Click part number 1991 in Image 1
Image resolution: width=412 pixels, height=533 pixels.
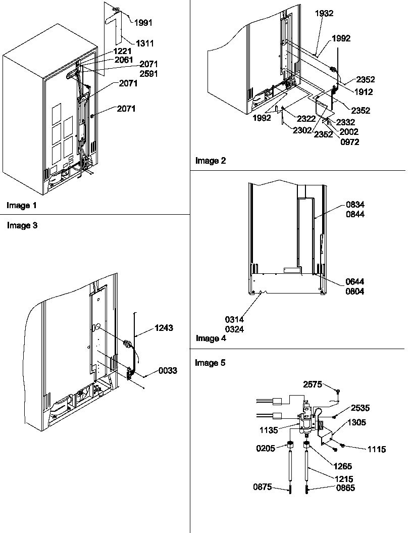143,22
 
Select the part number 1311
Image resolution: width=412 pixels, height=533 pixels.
144,43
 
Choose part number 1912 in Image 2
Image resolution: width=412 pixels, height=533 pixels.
364,92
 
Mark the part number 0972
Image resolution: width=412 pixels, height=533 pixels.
350,141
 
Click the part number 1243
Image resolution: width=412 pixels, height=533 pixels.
164,328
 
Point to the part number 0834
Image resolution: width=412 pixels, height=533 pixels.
355,205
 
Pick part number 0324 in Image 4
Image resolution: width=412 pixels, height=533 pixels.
235,329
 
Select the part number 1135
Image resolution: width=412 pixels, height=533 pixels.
271,430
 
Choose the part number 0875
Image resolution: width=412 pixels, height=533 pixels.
262,487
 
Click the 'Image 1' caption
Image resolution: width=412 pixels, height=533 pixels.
22,206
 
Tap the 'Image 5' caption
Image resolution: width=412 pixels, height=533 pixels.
210,363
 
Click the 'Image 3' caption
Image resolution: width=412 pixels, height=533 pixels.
22,226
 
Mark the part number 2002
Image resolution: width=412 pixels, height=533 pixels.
349,132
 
